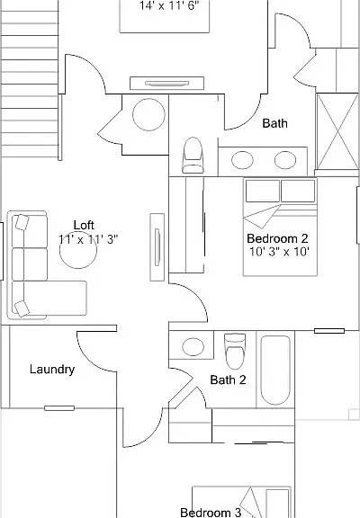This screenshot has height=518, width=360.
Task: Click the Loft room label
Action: click(84, 225)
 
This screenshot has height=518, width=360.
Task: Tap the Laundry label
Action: click(52, 370)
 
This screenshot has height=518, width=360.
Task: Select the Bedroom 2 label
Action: click(277, 238)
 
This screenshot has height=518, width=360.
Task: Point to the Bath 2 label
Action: click(228, 380)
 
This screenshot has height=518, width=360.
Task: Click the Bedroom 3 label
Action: click(211, 513)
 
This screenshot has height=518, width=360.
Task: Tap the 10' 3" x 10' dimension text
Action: click(279, 252)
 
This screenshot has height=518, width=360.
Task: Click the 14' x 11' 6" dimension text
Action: click(169, 5)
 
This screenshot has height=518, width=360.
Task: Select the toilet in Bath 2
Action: click(235, 351)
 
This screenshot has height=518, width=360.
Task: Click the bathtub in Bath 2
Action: click(275, 370)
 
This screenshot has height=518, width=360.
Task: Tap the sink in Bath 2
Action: click(193, 346)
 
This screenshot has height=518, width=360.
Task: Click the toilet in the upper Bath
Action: click(193, 155)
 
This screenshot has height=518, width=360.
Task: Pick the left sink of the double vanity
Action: click(242, 160)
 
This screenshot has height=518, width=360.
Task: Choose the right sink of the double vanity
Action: click(285, 160)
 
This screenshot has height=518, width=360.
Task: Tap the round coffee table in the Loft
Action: click(78, 250)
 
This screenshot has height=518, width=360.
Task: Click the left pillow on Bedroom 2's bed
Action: click(263, 191)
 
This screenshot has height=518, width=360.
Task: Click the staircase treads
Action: click(30, 79)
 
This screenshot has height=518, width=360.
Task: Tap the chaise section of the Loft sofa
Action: click(49, 298)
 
